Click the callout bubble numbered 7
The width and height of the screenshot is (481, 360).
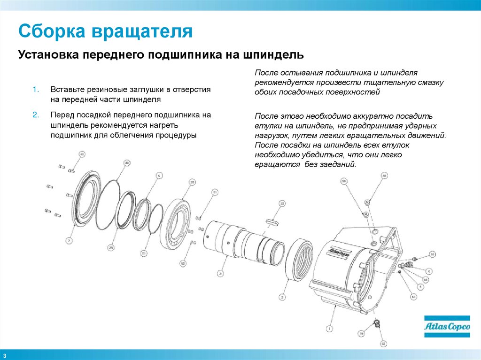coord(69,241)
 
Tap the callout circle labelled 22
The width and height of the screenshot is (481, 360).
coord(282,203)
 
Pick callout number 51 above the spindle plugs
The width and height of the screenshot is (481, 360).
coord(215,192)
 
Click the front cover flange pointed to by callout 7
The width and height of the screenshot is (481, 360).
coord(85,202)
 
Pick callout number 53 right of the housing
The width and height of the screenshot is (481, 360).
coord(433,254)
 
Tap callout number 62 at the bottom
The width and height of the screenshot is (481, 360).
coord(384,344)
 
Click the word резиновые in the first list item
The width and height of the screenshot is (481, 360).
coord(100,89)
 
